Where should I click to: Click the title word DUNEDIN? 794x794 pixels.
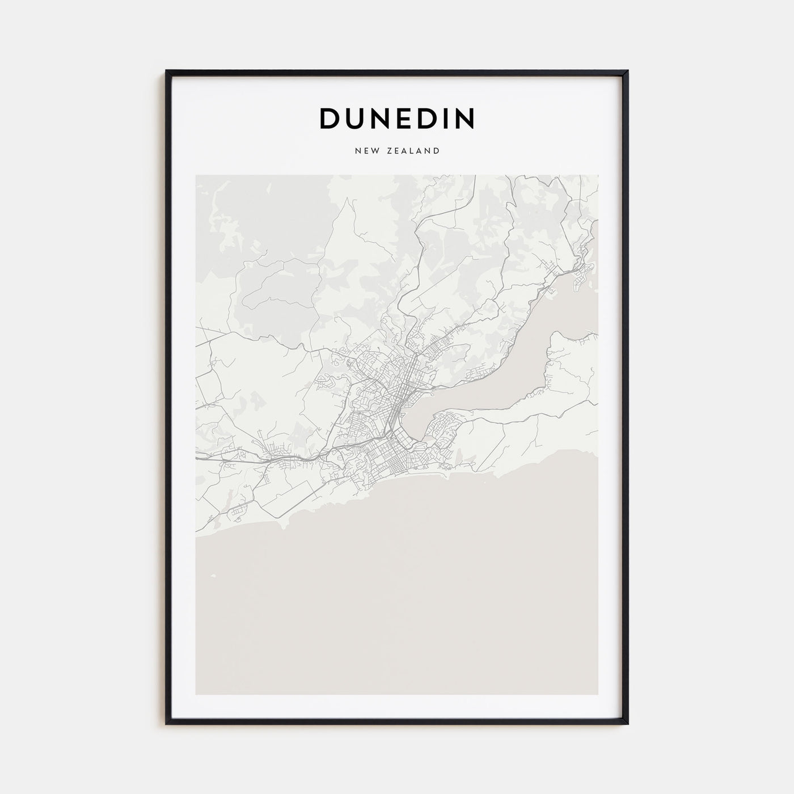tap(397, 118)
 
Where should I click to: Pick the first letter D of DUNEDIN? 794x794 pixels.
tap(330, 118)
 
